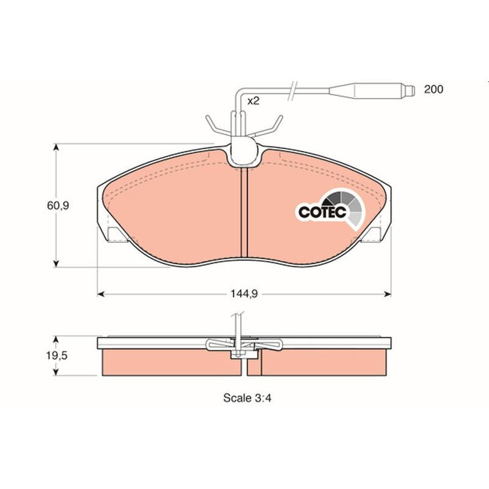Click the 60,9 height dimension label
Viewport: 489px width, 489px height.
pyautogui.click(x=57, y=206)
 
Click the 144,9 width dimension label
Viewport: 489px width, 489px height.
pyautogui.click(x=244, y=294)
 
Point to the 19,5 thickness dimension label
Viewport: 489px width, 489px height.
pyautogui.click(x=57, y=356)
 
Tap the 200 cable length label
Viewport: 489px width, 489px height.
pyautogui.click(x=433, y=89)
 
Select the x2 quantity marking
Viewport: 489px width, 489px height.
pyautogui.click(x=253, y=101)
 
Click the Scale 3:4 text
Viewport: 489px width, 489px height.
pyautogui.click(x=248, y=398)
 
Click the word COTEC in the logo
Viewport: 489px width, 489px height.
pyautogui.click(x=323, y=212)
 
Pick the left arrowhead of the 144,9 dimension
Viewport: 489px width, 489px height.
pyautogui.click(x=101, y=294)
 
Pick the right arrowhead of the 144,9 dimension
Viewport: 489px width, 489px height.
pyautogui.click(x=388, y=294)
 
